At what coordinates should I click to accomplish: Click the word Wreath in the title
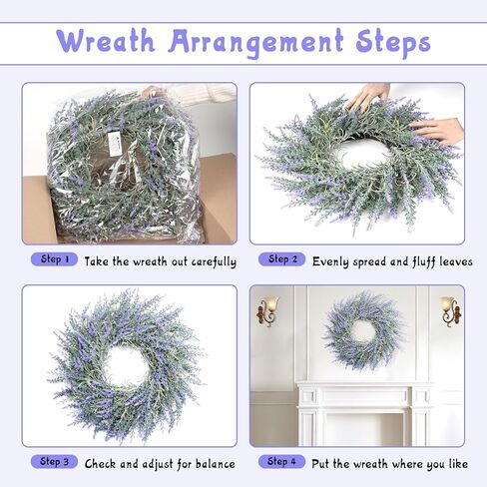point(106,41)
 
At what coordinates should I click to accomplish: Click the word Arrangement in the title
point(255,43)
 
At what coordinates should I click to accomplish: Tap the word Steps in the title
point(393,44)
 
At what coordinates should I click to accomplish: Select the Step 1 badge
point(54,259)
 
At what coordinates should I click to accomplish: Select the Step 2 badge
point(282,259)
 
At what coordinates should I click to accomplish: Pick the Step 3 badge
point(54,462)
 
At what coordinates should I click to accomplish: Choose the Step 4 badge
point(281,462)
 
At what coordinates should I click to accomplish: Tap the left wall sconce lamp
point(267,310)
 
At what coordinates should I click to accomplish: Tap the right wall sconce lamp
point(450,310)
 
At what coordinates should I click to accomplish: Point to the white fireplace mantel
point(363,413)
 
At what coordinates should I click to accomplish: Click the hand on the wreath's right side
point(438,131)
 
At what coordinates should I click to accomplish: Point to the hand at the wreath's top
point(367,97)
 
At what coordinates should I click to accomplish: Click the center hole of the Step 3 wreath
point(127,366)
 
